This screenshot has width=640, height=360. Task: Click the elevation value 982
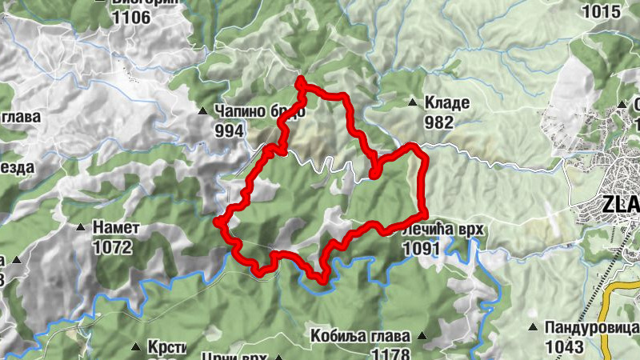pyautogui.click(x=439, y=122)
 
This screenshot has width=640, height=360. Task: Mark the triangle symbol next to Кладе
pyautogui.click(x=413, y=102)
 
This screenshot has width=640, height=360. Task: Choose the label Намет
pyautogui.click(x=116, y=228)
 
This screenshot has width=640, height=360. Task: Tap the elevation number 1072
pyautogui.click(x=112, y=247)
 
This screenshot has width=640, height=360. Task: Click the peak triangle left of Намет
pyautogui.click(x=80, y=228)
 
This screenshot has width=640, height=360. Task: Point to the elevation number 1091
pyautogui.click(x=422, y=249)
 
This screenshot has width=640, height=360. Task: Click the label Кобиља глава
pyautogui.click(x=360, y=336)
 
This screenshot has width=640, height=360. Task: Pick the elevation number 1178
pyautogui.click(x=391, y=354)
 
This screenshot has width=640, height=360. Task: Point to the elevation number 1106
pyautogui.click(x=131, y=15)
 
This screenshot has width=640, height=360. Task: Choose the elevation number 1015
pyautogui.click(x=602, y=11)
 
